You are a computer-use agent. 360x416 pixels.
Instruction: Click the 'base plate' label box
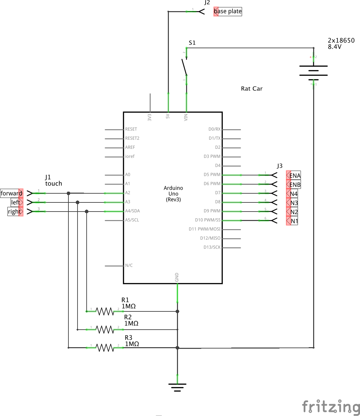228,11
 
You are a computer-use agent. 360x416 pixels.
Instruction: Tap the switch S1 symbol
185,67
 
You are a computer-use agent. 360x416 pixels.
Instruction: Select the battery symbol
313,71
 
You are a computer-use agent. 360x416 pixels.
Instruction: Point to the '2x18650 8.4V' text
341,44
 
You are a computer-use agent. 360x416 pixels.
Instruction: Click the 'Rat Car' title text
251,89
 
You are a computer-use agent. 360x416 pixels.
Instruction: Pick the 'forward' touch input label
11,193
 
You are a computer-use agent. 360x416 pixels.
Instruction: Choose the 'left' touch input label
16,202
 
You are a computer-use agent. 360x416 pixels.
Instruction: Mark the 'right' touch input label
14,212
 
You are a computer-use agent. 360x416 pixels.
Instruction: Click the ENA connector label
295,175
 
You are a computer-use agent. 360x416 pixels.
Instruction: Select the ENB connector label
295,185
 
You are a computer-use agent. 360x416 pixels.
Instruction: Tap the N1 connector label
294,221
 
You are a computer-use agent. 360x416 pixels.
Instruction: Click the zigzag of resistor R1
105,311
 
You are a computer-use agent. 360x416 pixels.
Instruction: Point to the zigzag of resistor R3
105,348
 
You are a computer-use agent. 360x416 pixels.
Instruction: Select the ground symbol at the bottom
177,387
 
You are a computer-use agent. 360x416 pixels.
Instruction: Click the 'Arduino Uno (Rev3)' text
173,194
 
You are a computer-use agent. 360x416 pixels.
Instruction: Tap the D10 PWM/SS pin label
208,220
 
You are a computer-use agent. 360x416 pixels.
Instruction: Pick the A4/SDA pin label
132,211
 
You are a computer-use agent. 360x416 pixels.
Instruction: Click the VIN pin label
186,117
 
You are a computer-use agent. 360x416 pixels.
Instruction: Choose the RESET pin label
131,129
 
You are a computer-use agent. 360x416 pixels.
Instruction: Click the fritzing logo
331,407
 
